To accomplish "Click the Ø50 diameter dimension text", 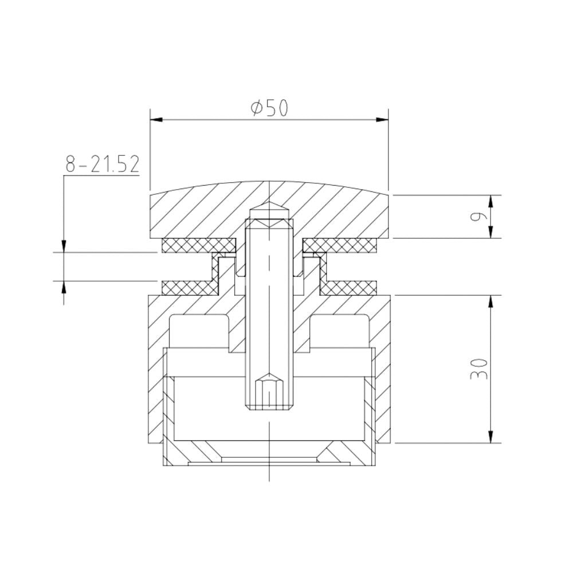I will (x=269, y=108).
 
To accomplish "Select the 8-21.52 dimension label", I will (x=103, y=164).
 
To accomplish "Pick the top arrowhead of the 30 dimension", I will (x=491, y=300).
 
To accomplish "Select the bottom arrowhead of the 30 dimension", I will (x=491, y=438).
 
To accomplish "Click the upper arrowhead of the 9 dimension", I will (x=491, y=200).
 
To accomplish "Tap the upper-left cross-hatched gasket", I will (x=198, y=245).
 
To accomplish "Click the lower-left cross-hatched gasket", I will (x=186, y=286).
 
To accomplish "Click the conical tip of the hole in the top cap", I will (x=269, y=209).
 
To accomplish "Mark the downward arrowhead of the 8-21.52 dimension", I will (x=64, y=246).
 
